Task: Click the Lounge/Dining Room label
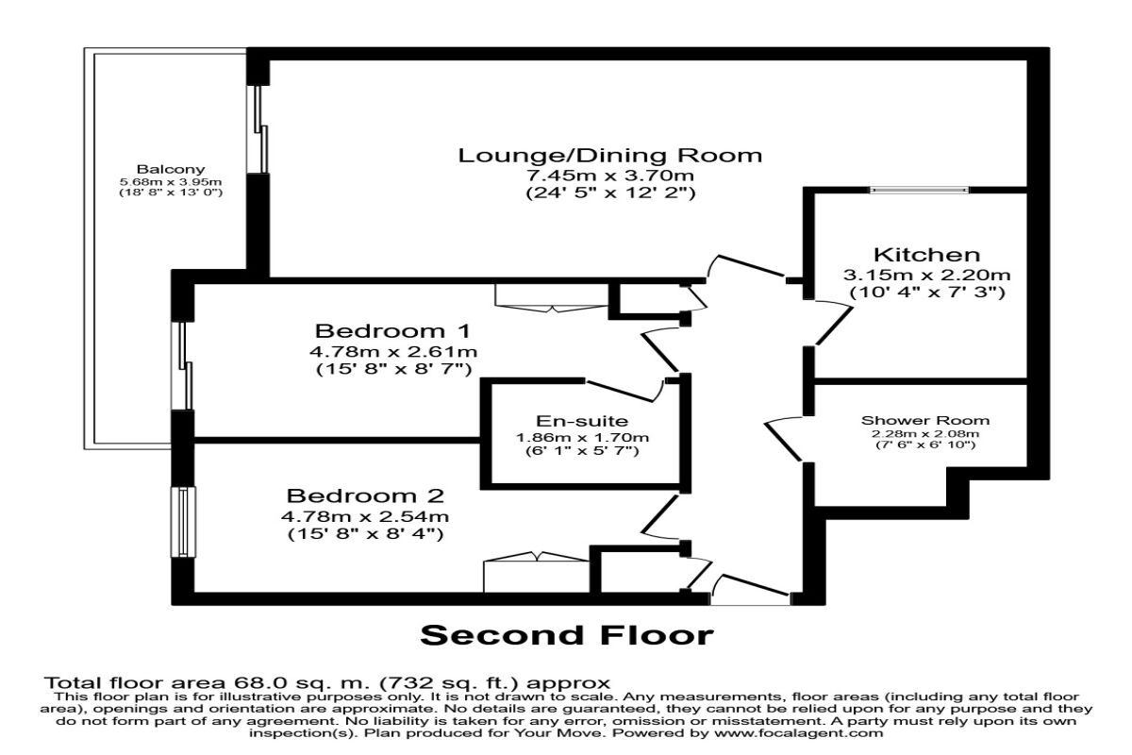click(609, 155)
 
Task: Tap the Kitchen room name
click(926, 255)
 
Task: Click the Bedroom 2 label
click(365, 495)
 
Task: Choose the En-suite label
click(582, 421)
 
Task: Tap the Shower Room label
click(924, 421)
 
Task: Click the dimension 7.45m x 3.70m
click(609, 176)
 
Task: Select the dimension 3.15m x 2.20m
click(926, 275)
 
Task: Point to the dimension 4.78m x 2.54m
click(365, 516)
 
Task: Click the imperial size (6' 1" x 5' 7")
click(582, 452)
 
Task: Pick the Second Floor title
click(566, 635)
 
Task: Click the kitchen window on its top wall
click(919, 190)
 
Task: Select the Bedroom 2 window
click(181, 522)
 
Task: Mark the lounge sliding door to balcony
click(260, 130)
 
